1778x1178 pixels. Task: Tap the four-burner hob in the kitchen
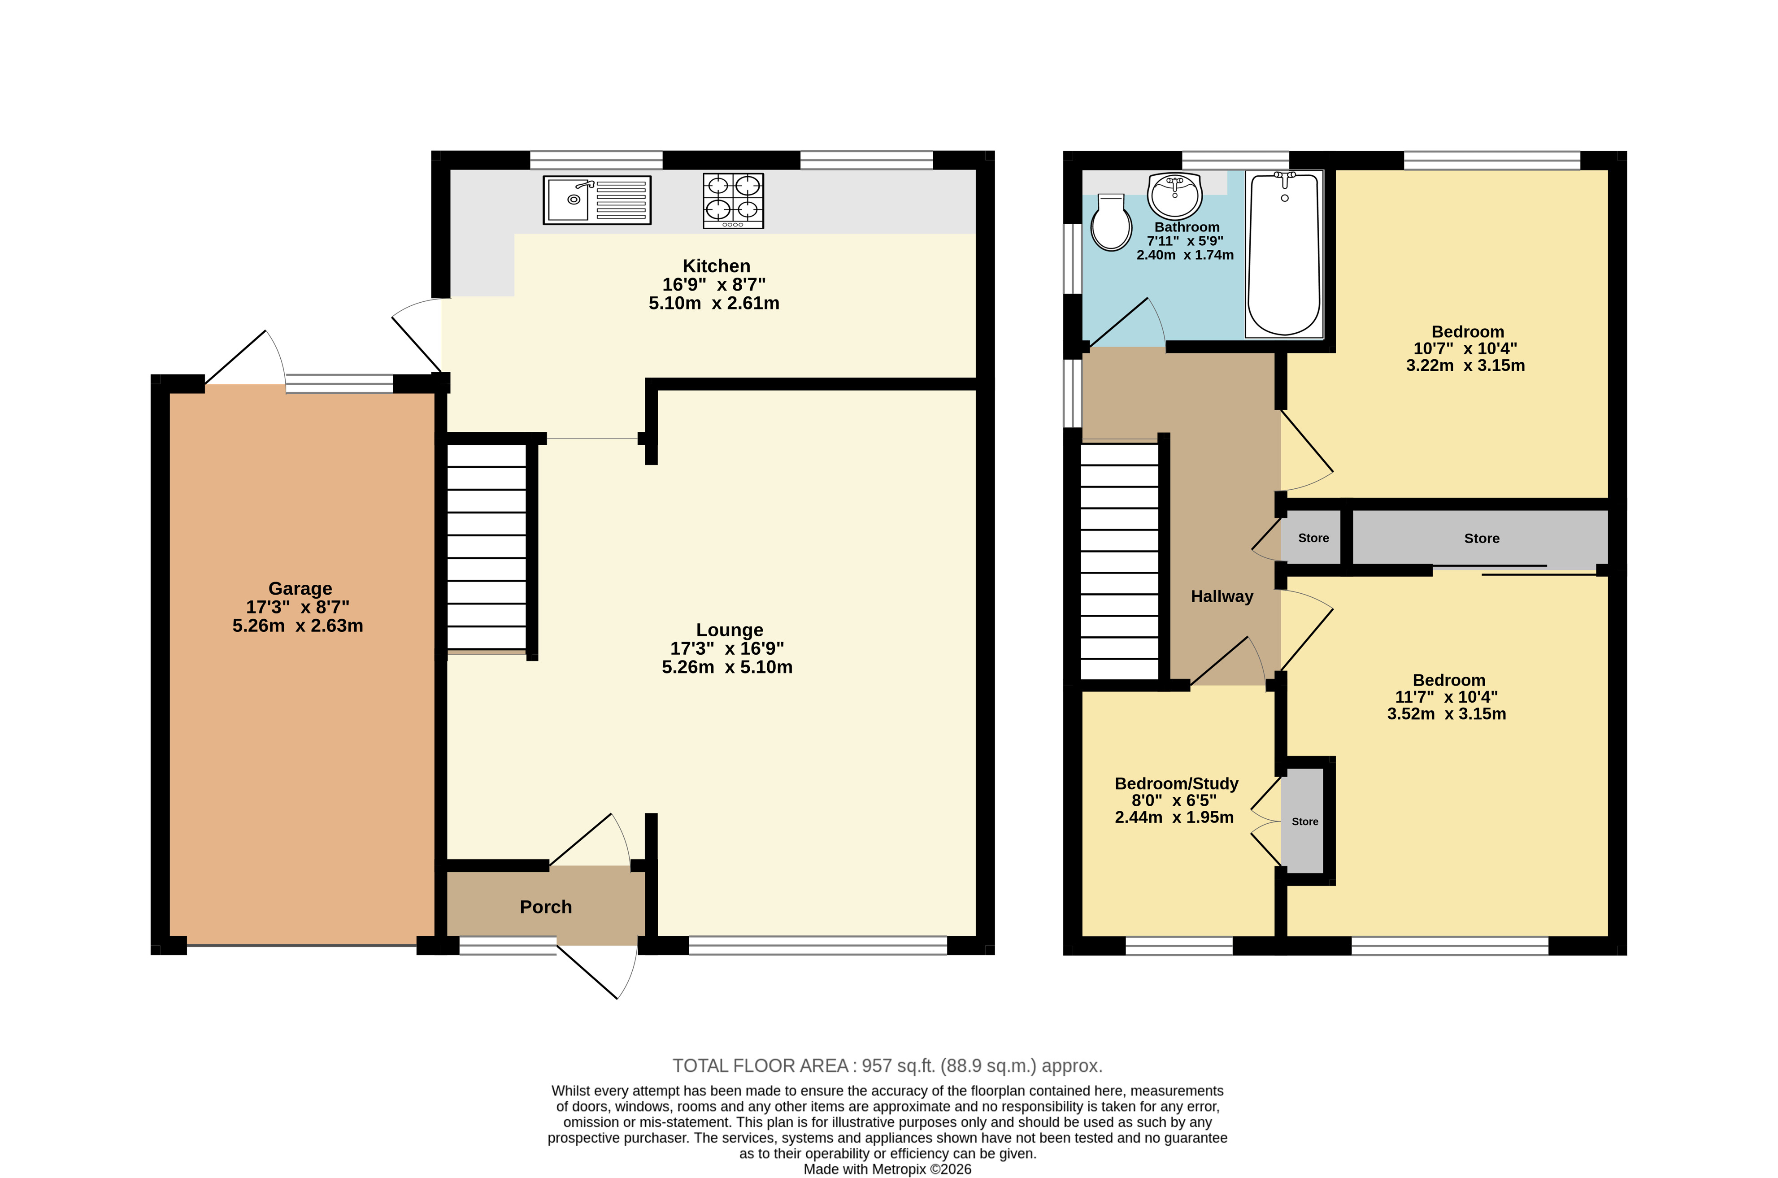733,200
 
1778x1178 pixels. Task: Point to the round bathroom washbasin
1175,195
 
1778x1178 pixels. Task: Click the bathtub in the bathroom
1284,254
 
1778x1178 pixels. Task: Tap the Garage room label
300,588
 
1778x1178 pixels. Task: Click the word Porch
546,907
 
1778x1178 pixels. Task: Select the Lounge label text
730,630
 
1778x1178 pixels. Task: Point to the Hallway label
1222,596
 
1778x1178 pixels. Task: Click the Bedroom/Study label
1176,783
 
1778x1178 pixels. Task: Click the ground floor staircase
487,547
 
